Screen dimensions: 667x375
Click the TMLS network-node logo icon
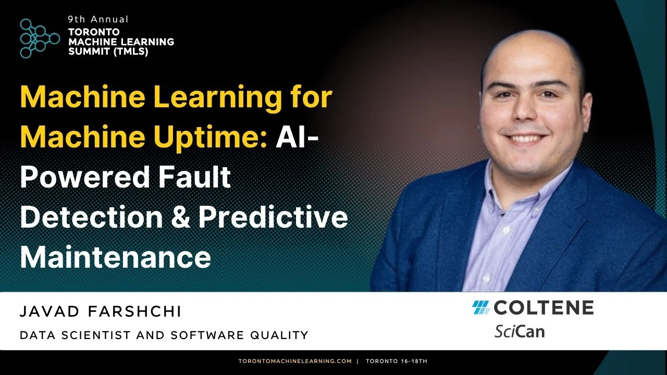coord(40,39)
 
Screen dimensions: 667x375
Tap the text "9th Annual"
coord(98,20)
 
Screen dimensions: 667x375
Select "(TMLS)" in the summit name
coord(131,52)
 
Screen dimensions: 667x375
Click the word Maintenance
coord(116,257)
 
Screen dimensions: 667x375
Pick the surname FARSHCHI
coord(134,311)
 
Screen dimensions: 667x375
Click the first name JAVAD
coord(50,311)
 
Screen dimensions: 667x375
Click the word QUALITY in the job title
coord(279,335)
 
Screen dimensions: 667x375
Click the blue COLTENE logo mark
coord(480,307)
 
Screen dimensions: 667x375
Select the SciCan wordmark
coord(520,331)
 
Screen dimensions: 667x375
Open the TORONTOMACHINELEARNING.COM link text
coord(295,361)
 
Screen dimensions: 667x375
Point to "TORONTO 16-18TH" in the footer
coord(397,361)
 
